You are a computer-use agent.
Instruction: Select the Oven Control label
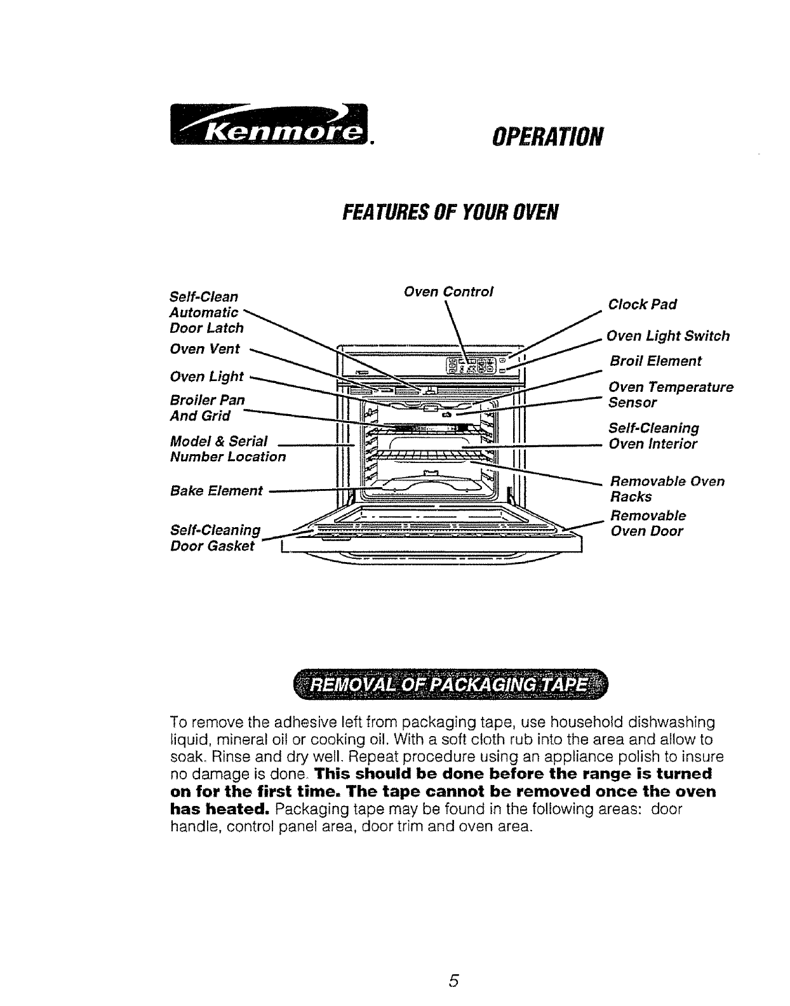point(448,292)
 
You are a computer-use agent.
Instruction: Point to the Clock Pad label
point(642,304)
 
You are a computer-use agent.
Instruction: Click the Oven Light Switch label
point(668,336)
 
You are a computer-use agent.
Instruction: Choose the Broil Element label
point(655,361)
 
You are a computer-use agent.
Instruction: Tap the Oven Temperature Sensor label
point(670,394)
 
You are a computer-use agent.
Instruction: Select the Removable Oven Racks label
point(666,488)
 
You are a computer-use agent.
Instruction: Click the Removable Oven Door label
point(647,523)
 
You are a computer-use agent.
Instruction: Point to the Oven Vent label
point(205,349)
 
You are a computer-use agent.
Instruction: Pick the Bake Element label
point(216,490)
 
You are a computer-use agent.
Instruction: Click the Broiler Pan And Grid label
point(207,408)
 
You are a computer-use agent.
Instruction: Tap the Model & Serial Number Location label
point(227,448)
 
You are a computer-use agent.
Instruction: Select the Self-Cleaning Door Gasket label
point(215,537)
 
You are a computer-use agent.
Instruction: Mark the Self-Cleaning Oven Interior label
point(653,436)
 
